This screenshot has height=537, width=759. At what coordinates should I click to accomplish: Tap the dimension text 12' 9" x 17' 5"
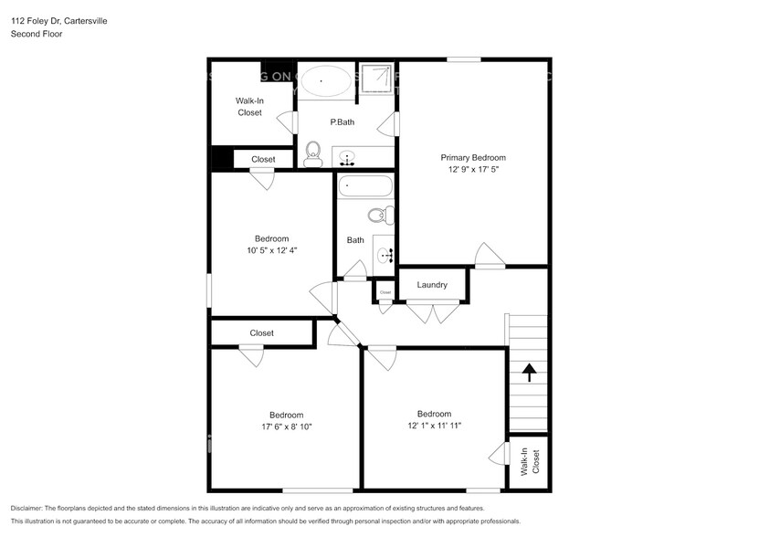point(473,169)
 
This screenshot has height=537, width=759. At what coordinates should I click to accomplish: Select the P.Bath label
point(343,122)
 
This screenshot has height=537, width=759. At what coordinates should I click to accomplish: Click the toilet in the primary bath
point(313,153)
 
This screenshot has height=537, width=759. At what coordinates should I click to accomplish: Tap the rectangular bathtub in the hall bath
point(365,187)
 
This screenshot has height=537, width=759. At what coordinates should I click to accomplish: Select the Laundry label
point(432,285)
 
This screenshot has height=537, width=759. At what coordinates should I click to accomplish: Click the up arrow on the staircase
point(528,372)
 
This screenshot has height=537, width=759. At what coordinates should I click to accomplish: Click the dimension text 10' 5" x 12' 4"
point(271,250)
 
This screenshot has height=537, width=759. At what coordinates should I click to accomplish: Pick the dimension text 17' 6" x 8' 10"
point(285,426)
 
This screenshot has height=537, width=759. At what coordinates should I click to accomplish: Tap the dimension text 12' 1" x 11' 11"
point(434,426)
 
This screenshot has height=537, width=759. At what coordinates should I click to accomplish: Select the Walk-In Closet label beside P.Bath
point(249,107)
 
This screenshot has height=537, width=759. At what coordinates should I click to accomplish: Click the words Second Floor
point(36,34)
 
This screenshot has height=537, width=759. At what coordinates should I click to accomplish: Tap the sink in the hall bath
point(383,254)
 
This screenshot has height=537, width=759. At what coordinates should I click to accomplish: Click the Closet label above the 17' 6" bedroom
point(261,333)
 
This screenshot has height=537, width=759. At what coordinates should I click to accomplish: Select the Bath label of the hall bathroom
point(355,240)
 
